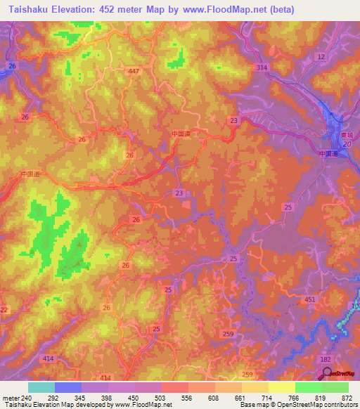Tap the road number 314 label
point(262,67)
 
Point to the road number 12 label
point(321,56)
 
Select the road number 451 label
point(309,299)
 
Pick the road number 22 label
point(4,310)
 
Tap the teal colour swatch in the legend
point(41,387)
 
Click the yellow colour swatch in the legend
point(281,387)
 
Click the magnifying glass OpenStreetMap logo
point(326,375)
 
